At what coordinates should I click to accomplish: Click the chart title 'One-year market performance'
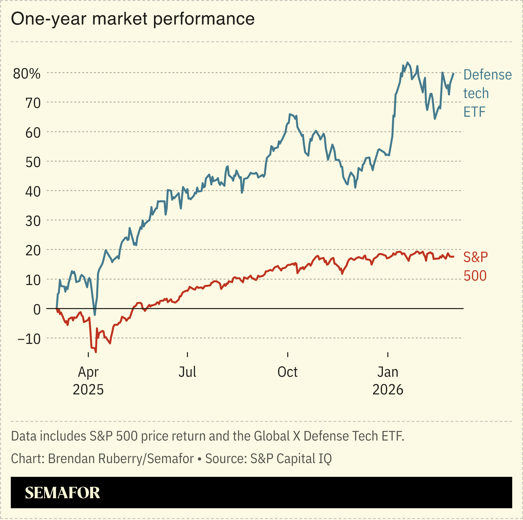point(133,19)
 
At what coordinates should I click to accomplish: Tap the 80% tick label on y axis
point(27,74)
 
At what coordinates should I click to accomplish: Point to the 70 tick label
point(33,103)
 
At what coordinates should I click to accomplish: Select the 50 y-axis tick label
point(33,162)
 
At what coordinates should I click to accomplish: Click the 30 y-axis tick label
point(33,221)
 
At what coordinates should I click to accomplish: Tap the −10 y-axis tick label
point(29,339)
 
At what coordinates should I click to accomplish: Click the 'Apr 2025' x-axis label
point(88,381)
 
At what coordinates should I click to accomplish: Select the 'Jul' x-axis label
point(187,372)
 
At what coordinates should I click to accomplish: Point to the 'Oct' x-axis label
point(288,372)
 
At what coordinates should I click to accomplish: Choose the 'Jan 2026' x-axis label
point(388,381)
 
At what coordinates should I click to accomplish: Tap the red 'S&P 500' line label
point(475,266)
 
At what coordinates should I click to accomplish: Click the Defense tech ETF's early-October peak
point(290,114)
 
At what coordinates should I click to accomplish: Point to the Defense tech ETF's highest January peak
point(407,63)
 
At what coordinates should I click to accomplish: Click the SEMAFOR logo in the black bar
point(62,493)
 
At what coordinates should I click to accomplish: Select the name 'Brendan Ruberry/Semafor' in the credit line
point(121,458)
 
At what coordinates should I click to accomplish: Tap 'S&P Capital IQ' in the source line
point(291,458)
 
